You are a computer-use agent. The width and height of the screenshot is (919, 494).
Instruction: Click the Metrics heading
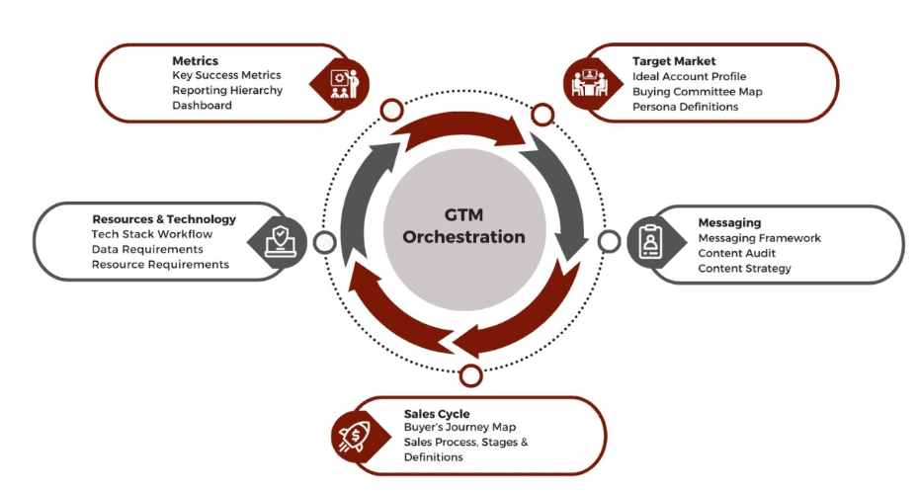point(195,60)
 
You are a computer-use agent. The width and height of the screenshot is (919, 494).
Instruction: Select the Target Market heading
point(674,61)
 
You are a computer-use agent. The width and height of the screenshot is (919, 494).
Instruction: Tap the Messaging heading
point(729,223)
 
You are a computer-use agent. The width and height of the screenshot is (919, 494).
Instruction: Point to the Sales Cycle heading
point(437,413)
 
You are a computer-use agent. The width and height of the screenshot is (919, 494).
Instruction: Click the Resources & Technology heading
point(164,219)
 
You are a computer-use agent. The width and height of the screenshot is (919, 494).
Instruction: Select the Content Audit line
point(736,253)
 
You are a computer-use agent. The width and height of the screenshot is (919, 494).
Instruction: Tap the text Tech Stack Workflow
point(151,234)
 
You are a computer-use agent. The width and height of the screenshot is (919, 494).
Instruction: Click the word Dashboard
point(202,105)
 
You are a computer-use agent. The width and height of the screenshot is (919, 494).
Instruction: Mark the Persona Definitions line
point(685,107)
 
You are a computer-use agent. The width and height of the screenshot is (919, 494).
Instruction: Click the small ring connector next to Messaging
point(609,241)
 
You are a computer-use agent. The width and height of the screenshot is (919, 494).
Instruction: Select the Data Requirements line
point(151,249)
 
